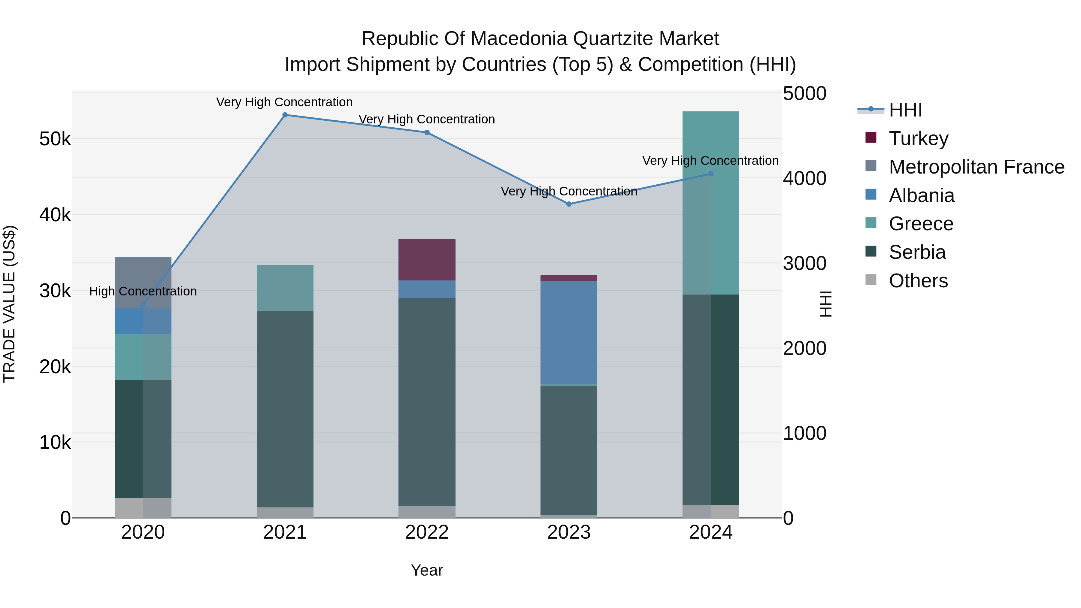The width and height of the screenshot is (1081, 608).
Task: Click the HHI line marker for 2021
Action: coord(285,115)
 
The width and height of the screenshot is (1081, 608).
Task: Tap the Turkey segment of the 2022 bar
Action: coord(427,260)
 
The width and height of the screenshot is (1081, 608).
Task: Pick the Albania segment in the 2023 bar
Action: coord(569,332)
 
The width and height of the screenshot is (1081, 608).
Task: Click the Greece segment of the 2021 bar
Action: coord(285,288)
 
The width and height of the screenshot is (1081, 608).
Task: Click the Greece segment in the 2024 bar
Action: coord(710,203)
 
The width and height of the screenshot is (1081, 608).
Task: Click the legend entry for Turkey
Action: coord(918,138)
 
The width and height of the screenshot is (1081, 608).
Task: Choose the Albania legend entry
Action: coord(921,195)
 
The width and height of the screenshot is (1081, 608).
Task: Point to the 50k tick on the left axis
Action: coord(55,139)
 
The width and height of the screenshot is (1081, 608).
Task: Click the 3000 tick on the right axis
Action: coord(804,264)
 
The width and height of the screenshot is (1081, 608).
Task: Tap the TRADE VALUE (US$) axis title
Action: coord(9,304)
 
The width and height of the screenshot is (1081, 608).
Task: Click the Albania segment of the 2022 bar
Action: coord(427,289)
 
